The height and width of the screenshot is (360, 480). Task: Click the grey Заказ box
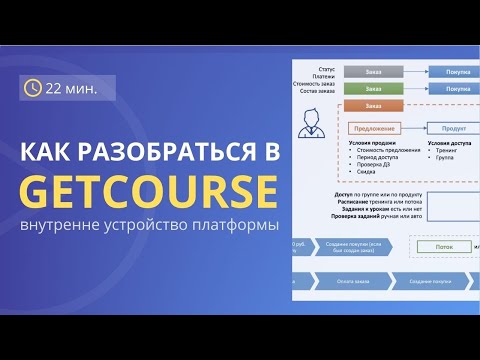pyautogui.click(x=373, y=72)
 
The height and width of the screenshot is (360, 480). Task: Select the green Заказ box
pyautogui.click(x=373, y=89)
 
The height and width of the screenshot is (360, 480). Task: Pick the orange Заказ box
pyautogui.click(x=373, y=105)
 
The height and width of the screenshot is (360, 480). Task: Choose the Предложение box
pyautogui.click(x=373, y=128)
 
